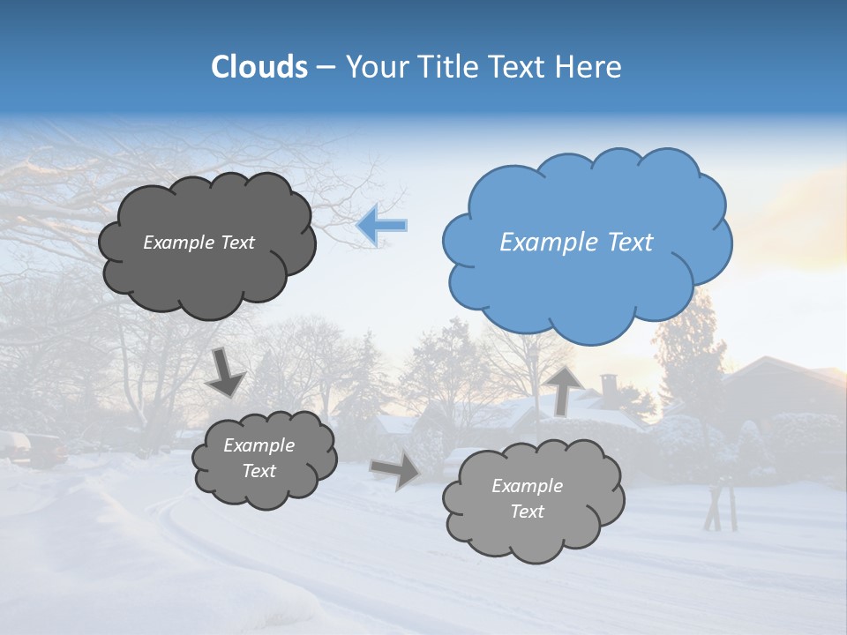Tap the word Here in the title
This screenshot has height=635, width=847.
tap(589, 67)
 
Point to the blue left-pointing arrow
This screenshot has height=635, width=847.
tap(382, 225)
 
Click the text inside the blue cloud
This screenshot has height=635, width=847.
tap(576, 243)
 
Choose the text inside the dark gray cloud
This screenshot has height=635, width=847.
tap(199, 243)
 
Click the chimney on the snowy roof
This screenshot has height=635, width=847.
tap(609, 385)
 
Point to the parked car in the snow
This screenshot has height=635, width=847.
tap(35, 447)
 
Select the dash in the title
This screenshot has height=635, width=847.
tap(326, 67)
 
